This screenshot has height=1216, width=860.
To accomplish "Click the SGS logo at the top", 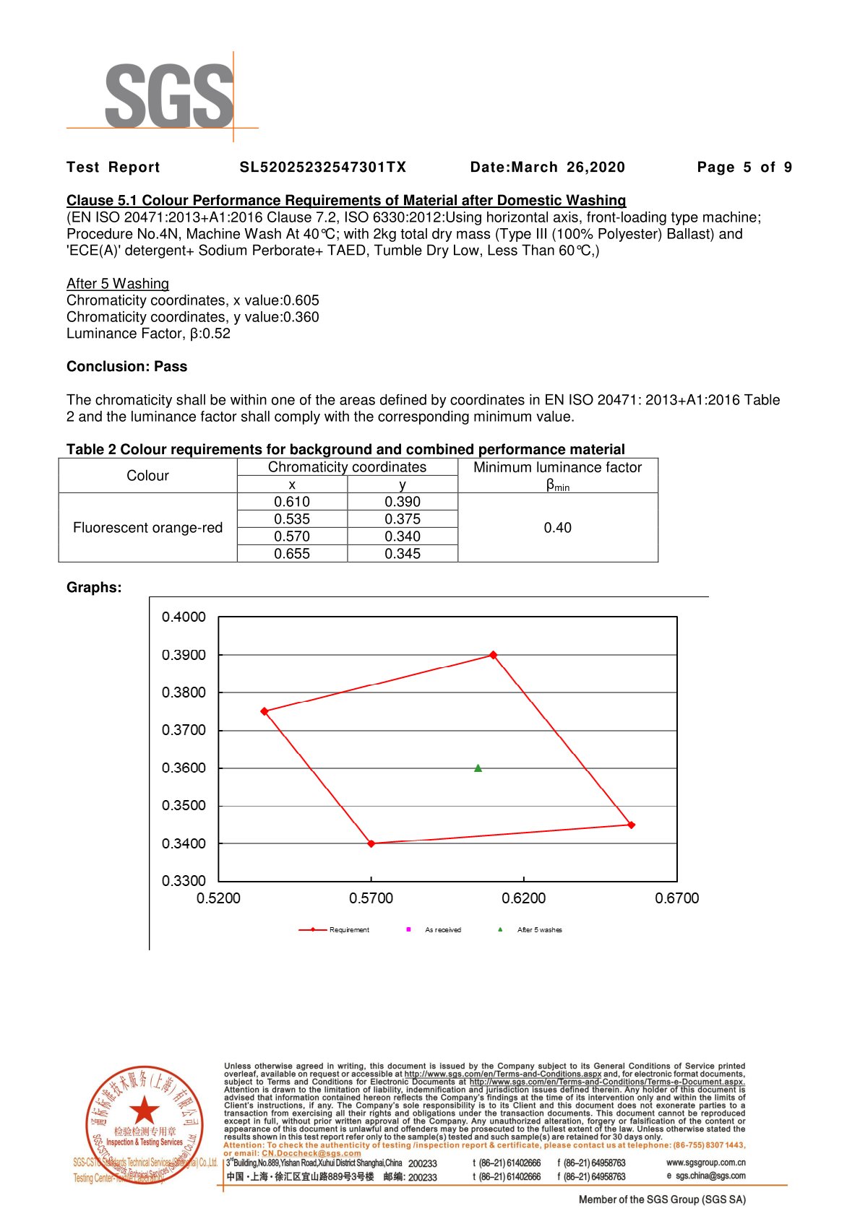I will point(169,96).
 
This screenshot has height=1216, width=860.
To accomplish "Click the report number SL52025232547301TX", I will point(323,168).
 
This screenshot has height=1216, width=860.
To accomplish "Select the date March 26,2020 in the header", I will point(547,168).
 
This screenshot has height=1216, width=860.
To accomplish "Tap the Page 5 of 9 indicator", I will point(744,168).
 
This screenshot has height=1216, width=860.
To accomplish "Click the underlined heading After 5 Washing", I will point(118,284).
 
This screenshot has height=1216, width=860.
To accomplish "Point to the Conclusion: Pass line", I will point(126,367).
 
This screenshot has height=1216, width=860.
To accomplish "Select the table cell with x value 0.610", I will point(292,502).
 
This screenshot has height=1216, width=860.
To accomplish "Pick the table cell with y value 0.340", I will point(403,537).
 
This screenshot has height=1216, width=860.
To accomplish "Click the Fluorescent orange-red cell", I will point(147,528).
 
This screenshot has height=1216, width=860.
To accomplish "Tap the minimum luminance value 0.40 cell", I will point(557,528).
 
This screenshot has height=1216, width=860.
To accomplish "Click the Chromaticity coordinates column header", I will point(347,467).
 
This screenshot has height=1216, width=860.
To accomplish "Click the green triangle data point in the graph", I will point(478,768).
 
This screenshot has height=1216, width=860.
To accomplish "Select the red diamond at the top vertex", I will point(493,655).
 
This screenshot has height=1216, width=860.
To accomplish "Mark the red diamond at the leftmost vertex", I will point(265,711).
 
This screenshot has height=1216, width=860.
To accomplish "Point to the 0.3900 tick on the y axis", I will point(184,655).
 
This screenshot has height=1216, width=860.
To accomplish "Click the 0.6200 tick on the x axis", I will point(524,898).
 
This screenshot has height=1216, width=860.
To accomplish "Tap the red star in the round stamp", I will point(145,1110).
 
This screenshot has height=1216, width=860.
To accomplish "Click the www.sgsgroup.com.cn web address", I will point(705,1163).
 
